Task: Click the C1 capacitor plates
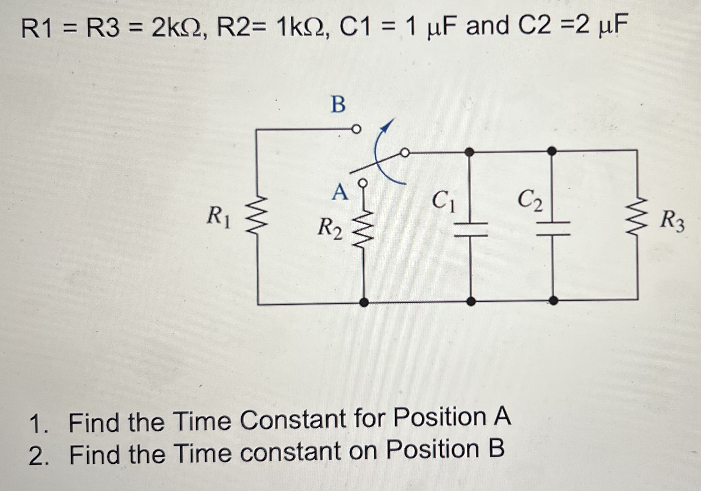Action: [471, 229]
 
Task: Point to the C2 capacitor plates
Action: [553, 229]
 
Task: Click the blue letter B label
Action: [338, 104]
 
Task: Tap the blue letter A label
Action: [340, 193]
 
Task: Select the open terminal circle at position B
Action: [356, 129]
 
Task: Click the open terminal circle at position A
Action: [363, 183]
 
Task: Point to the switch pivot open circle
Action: [405, 153]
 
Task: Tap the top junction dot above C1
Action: [469, 152]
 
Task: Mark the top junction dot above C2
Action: [552, 151]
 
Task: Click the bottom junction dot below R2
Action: [364, 302]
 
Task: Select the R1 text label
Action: [218, 216]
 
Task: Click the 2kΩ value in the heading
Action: [177, 28]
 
